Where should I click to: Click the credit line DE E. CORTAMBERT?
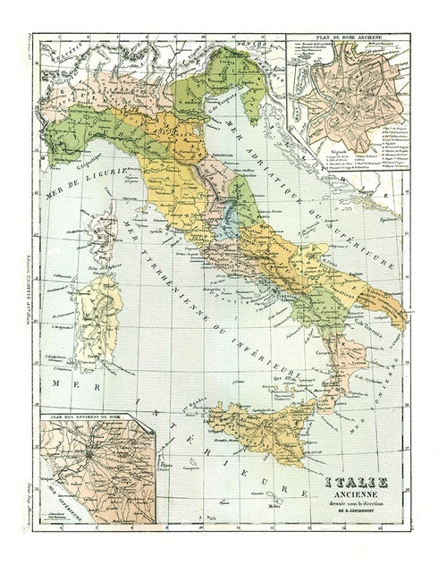tap(365, 515)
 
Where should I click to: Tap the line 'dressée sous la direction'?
tap(365, 506)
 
